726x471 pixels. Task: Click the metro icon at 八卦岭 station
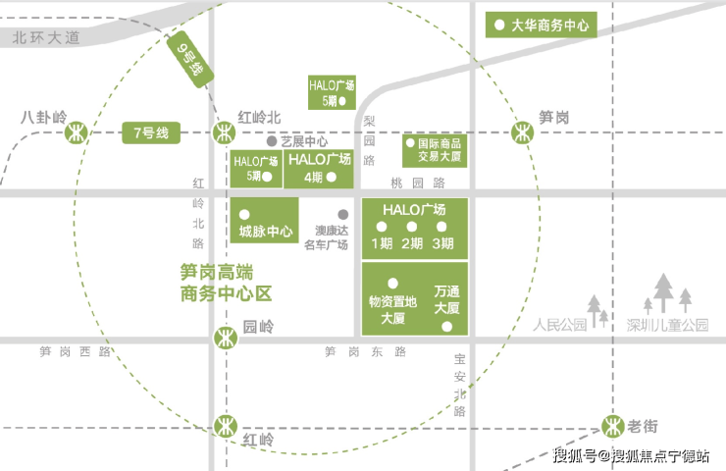[76, 132]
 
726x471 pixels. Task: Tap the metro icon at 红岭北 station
[224, 132]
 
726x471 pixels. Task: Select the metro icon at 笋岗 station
[522, 132]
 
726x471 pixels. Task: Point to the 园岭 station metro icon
[226, 339]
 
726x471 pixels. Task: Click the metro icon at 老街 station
[613, 426]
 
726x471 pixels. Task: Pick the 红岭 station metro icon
[226, 426]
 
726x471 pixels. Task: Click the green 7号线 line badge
[151, 132]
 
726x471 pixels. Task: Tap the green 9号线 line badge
[189, 59]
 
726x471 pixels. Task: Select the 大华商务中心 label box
[542, 25]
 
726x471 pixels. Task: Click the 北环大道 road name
[46, 37]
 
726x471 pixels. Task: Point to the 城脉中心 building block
[264, 221]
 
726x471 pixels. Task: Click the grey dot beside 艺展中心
[272, 141]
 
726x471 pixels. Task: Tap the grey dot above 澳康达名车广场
[343, 215]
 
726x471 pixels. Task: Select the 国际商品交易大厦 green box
[435, 150]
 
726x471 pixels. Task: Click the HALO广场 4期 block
[319, 169]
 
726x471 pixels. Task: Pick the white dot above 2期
[412, 227]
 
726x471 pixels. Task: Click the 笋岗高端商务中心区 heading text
[226, 283]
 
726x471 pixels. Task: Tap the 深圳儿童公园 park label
[667, 325]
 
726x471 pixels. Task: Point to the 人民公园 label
[559, 325]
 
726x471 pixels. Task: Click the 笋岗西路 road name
[75, 351]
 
